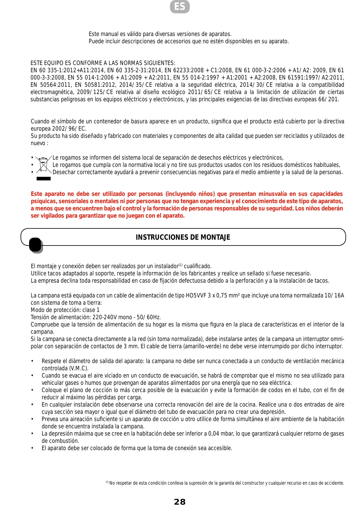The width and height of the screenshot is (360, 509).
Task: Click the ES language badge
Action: (180, 7)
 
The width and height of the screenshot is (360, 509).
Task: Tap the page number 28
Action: (180, 502)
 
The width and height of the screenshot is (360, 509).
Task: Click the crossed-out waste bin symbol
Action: (44, 165)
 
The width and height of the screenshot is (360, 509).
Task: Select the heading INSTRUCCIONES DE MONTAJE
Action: (183, 237)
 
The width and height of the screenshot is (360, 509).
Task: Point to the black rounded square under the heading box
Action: (35, 245)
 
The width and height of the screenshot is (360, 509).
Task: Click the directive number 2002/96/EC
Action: (69, 129)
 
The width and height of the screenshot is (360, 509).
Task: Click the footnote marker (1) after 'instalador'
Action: (180, 265)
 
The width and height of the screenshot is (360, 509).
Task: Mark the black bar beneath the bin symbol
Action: (44, 179)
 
